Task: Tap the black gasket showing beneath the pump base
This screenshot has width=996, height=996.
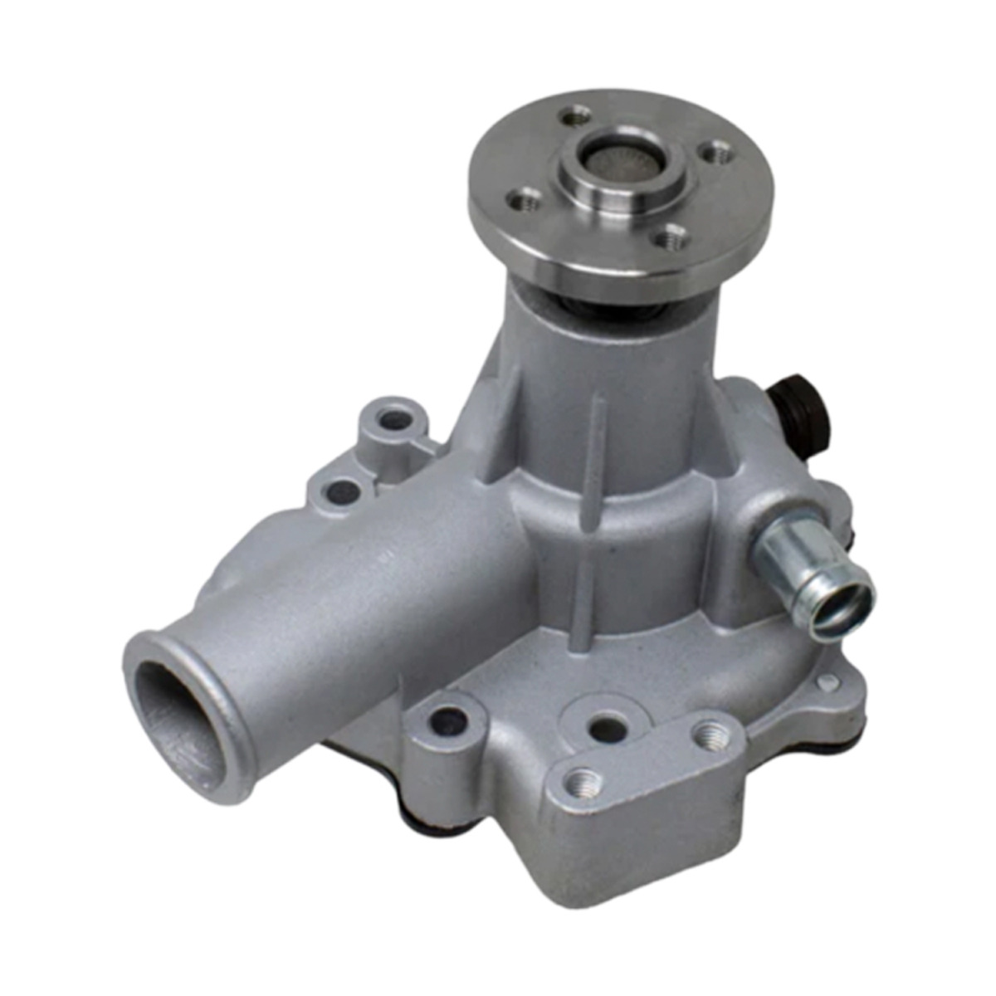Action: [432, 822]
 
